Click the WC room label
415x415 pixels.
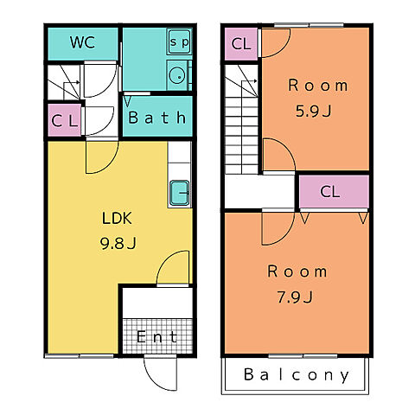tap(82, 42)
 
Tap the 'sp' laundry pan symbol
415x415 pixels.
tap(179, 41)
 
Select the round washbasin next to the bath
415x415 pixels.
tap(176, 76)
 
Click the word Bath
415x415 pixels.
tap(157, 118)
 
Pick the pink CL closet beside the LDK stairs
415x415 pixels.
tap(64, 120)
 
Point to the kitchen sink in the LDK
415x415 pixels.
tap(179, 193)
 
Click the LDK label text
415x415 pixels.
tap(117, 218)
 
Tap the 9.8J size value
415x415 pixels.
tap(118, 243)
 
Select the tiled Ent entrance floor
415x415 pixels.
tap(157, 336)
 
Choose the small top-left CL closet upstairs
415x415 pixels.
tap(241, 44)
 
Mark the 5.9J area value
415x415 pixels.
tap(314, 111)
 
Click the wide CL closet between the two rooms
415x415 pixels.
tap(335, 192)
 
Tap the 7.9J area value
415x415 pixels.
tap(295, 297)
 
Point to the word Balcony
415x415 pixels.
tap(297, 375)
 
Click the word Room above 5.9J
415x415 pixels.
tap(318, 86)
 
